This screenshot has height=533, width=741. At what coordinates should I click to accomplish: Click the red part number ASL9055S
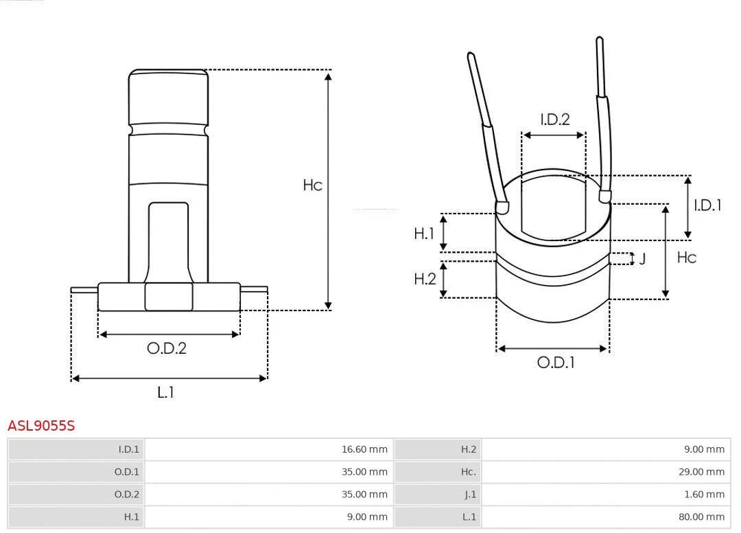[41, 426]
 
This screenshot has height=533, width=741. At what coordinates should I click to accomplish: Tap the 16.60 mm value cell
[364, 449]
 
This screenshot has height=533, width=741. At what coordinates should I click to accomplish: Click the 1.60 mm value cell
[704, 494]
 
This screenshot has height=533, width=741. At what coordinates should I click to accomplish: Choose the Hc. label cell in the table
[468, 472]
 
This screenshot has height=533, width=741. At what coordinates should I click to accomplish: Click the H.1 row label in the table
[131, 517]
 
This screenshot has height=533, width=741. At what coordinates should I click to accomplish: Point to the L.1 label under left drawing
[165, 392]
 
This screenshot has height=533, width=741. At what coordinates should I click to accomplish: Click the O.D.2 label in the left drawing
[167, 348]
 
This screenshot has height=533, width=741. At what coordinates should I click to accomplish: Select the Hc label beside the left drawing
[312, 185]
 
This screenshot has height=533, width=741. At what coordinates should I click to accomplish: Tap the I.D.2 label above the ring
[554, 120]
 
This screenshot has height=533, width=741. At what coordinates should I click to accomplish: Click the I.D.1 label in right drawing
[707, 205]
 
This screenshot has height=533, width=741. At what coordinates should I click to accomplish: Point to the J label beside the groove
[642, 259]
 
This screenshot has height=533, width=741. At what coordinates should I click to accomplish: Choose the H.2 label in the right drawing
[425, 279]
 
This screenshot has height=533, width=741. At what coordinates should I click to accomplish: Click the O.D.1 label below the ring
[556, 363]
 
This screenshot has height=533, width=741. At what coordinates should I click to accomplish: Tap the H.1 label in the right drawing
[424, 234]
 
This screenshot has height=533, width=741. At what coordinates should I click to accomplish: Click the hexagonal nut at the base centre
[168, 297]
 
